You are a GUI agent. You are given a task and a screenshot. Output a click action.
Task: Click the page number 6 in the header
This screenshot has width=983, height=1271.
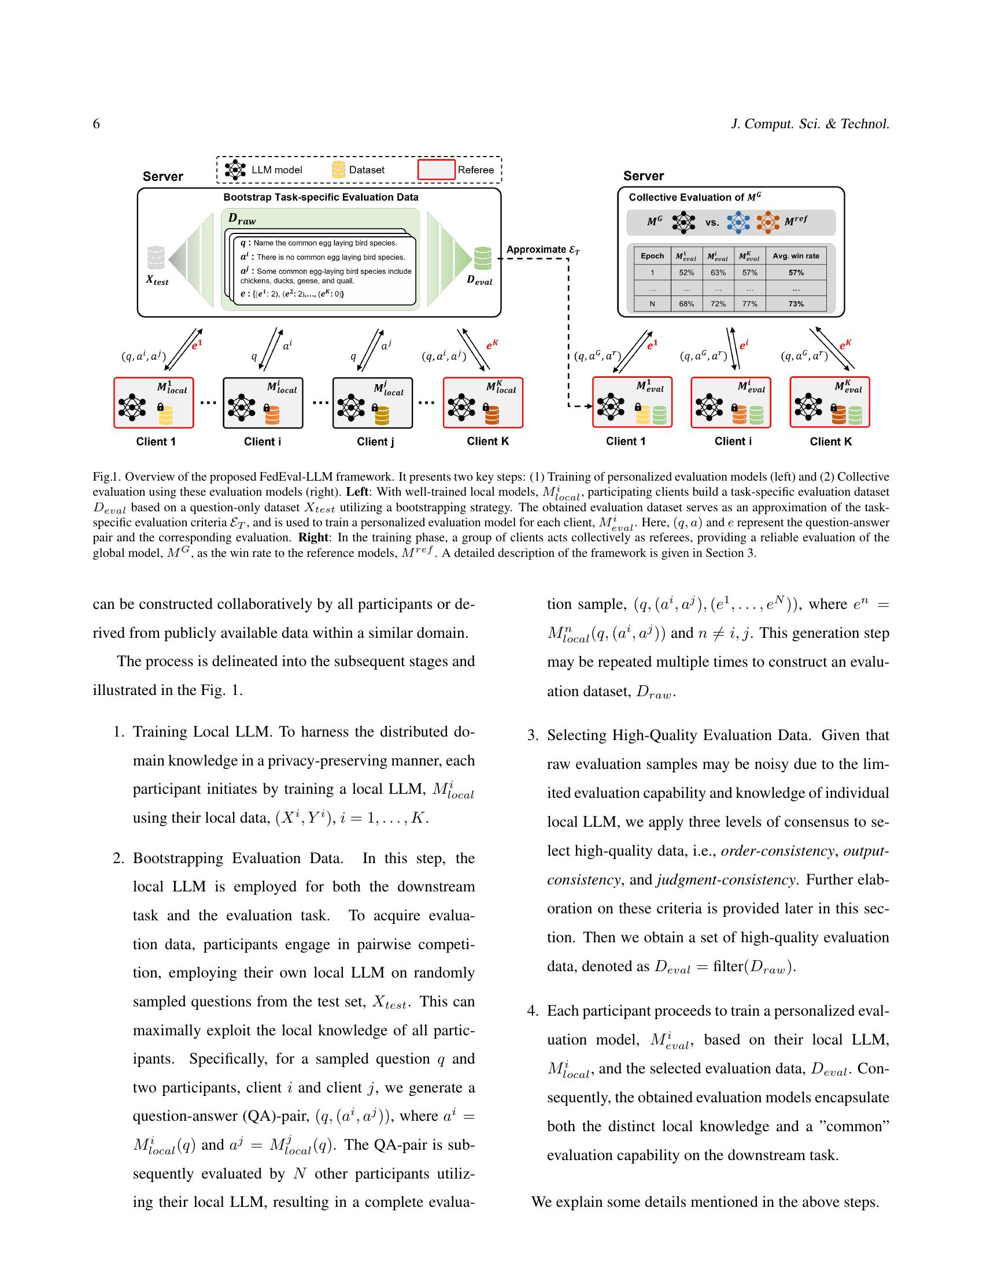(96, 124)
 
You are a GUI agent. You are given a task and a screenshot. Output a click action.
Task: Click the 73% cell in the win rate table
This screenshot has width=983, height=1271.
(796, 304)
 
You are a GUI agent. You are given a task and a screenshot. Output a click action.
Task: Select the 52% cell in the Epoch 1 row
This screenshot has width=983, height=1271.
(686, 272)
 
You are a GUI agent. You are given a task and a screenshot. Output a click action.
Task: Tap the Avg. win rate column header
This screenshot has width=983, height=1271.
(796, 256)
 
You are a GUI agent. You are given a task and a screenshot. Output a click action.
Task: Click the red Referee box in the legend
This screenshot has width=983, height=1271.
(436, 170)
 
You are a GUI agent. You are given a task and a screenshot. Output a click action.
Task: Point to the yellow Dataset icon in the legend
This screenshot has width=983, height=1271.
(338, 170)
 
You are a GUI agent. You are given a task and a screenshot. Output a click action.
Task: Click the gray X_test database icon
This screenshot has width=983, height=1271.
(156, 258)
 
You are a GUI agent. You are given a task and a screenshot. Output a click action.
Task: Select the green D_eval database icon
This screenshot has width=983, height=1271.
(482, 258)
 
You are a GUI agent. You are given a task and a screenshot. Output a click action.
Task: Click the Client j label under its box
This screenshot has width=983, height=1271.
(375, 442)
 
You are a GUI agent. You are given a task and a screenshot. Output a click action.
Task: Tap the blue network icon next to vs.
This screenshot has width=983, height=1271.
(738, 222)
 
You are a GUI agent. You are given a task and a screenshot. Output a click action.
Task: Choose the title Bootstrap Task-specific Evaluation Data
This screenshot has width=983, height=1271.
(321, 197)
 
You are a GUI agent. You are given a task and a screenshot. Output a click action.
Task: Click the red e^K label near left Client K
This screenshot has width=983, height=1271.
(492, 344)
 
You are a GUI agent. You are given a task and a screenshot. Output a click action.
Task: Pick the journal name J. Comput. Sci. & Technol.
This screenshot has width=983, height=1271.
(810, 124)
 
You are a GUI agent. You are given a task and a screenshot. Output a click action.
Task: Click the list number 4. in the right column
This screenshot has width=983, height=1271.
(533, 1011)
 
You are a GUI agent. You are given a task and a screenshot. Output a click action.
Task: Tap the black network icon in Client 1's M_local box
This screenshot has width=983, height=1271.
(132, 407)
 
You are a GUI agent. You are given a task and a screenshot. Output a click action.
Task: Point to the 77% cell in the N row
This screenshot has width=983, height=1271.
(749, 304)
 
